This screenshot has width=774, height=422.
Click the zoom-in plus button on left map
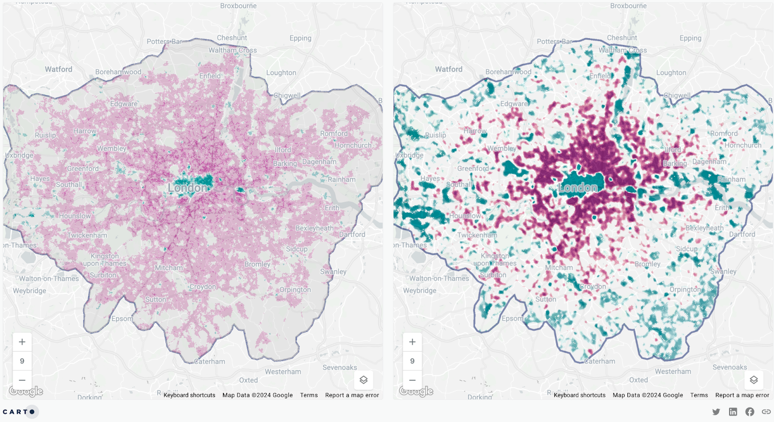point(22,342)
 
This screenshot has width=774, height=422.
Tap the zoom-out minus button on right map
point(412,380)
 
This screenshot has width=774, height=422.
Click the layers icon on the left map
point(364,380)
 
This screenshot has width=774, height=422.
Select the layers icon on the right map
point(754,380)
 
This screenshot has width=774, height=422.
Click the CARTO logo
point(19,412)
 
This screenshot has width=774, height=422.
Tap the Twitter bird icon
point(716,412)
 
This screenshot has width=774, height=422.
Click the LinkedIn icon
point(733,412)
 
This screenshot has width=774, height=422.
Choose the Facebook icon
point(749,412)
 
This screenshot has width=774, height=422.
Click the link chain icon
point(766,412)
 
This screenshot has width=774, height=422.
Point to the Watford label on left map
point(59,69)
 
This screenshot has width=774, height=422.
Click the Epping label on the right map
point(690,38)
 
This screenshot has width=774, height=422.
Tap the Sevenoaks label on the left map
point(340,367)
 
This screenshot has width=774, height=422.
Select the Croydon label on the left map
point(203,287)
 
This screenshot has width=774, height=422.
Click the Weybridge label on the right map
point(419,291)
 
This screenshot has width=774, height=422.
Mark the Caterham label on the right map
point(600,361)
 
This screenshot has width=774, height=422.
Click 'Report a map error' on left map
point(352,395)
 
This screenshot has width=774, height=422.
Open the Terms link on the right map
point(699,395)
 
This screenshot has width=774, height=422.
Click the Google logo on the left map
point(26,391)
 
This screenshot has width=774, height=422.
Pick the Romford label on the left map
point(334,133)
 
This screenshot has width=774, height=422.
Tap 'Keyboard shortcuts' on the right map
point(580,395)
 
